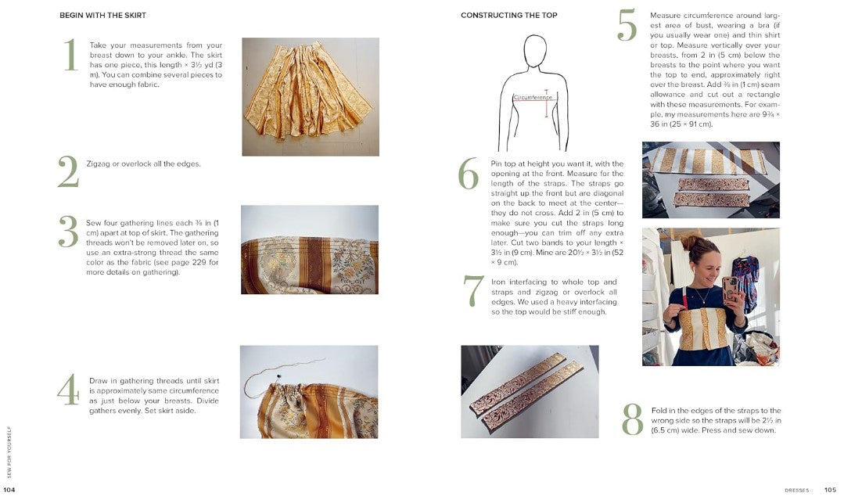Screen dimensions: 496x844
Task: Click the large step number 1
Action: point(70,56)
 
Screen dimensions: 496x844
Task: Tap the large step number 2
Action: point(68,172)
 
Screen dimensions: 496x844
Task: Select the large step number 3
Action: point(68,232)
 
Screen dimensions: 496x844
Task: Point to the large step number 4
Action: point(68,390)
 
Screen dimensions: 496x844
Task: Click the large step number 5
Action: point(627,26)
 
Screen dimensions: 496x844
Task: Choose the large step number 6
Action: point(468,174)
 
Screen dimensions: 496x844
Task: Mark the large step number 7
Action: point(473,292)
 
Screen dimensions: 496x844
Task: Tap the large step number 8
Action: point(632,420)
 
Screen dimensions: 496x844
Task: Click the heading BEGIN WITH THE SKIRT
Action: point(102,16)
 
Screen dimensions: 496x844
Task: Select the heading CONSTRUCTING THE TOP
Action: point(508,16)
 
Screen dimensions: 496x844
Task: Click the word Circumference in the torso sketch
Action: point(533,98)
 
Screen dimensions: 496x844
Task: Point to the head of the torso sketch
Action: point(535,53)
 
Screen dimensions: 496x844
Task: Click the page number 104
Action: point(9,490)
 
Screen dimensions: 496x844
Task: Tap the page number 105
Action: point(830,490)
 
